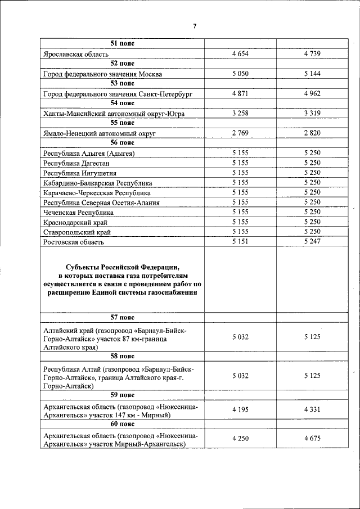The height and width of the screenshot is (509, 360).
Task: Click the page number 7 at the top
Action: coord(195,26)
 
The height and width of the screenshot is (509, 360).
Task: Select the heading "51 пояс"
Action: coord(121,43)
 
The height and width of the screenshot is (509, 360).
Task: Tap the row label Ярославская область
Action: coord(78,53)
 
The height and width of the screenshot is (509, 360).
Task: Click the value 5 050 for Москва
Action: coord(240,74)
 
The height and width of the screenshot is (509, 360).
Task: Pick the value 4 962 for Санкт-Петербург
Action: coord(312,93)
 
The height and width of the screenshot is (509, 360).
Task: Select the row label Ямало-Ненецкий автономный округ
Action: coord(99,133)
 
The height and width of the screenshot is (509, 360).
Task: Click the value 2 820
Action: coord(312,133)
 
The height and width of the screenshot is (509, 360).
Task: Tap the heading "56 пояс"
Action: coord(121,143)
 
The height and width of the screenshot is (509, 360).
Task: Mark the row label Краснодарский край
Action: coord(77,223)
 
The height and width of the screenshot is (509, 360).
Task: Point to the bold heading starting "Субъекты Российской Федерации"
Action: coord(121,280)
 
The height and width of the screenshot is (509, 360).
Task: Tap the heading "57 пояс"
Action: coord(121,318)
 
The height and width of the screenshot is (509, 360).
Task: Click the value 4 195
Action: coord(240,409)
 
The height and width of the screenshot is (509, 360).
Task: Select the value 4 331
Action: coord(312,409)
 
